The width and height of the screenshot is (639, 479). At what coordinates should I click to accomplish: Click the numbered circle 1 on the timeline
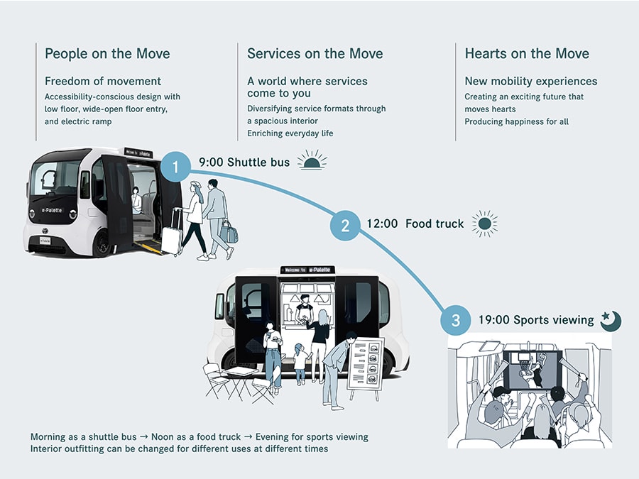pos(176,167)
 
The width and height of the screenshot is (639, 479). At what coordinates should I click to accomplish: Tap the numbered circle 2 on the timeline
pos(345,225)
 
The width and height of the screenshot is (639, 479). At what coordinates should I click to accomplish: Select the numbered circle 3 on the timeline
pos(455,320)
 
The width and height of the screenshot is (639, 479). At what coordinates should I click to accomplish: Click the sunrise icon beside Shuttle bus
pos(312,160)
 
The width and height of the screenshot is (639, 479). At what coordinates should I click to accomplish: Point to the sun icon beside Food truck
pos(485,224)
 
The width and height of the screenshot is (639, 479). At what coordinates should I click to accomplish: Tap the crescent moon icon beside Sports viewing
pos(611,320)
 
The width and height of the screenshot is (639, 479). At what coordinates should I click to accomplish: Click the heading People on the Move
pos(107,53)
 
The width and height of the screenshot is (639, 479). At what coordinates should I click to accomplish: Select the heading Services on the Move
pos(315,53)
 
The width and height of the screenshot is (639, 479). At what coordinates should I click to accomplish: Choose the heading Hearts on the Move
pos(527,53)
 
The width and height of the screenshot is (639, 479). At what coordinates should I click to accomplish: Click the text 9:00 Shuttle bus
pos(244,163)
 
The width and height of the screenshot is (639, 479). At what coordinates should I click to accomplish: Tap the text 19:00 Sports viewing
pos(536,320)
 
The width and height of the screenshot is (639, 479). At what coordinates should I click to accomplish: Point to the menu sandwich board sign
pos(366,363)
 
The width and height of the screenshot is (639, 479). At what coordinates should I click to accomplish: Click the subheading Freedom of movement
pos(103,81)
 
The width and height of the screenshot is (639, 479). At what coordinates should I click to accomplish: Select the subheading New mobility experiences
pos(531,81)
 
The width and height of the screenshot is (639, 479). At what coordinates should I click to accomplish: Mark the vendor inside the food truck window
pos(304,309)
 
